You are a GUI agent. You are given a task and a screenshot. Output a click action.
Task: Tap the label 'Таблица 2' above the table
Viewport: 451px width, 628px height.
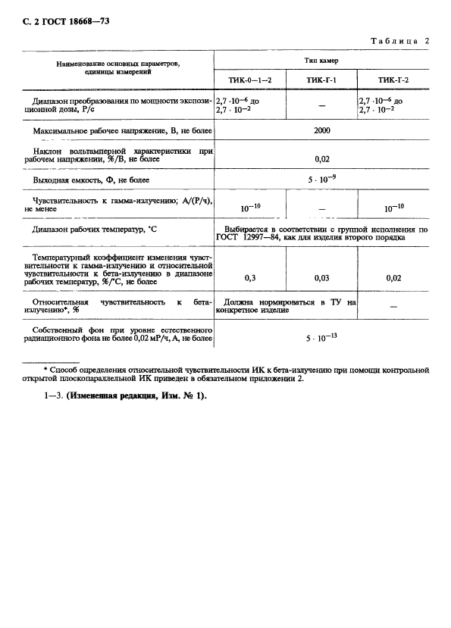[x=399, y=40]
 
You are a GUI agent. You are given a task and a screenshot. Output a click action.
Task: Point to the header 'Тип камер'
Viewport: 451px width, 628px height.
[x=321, y=60]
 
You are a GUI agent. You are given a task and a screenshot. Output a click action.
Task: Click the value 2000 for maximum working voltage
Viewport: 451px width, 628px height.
[x=321, y=130]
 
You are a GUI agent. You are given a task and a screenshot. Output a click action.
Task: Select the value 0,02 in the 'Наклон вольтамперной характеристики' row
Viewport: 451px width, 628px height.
[x=321, y=160]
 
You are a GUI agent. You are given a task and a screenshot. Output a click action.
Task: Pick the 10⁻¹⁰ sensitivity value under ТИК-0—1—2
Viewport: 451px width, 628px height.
[x=251, y=206]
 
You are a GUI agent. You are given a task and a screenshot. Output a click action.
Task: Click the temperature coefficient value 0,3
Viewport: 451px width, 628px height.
[x=250, y=278]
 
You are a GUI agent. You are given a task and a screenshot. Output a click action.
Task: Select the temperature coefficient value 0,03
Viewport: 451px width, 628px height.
[x=321, y=278]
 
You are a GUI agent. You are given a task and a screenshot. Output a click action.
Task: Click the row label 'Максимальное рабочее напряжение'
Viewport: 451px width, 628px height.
[x=121, y=131]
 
